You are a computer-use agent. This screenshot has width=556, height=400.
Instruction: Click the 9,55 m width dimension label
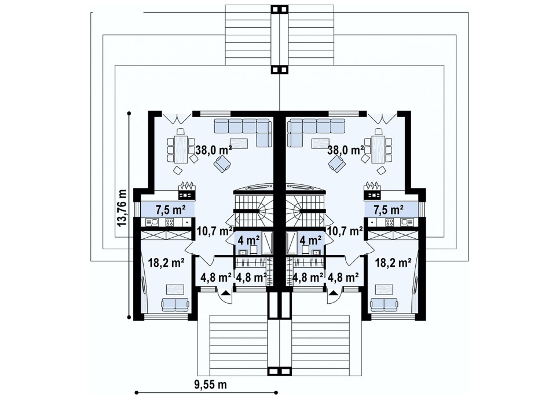pos(210,384)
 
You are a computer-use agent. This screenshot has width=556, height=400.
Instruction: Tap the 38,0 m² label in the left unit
pos(214,150)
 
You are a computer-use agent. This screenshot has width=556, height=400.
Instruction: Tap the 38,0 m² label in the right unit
pos(346,150)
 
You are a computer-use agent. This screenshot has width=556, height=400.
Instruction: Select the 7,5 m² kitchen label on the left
pos(171,210)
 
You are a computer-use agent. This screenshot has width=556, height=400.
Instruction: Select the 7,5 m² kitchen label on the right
pos(389,210)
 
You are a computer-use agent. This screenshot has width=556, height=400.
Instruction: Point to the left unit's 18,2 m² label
pos(166,263)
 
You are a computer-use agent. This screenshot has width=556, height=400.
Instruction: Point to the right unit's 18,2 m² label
pos(393,263)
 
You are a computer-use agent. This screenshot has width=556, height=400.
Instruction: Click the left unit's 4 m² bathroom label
pos(249,240)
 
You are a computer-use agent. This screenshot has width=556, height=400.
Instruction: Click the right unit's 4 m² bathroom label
pos(311,240)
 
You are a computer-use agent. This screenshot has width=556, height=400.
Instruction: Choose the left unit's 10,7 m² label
pos(215,231)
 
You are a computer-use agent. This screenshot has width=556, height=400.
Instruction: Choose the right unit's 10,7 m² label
pos(345,231)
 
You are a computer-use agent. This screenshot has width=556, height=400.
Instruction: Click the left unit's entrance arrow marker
pos(225,293)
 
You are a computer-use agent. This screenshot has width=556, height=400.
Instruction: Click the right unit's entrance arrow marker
pos(332,293)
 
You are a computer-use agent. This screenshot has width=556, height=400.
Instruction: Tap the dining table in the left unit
pos(181,149)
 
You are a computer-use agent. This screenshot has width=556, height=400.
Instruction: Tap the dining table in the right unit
pos(378,149)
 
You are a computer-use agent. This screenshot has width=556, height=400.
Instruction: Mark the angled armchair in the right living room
pos(337,164)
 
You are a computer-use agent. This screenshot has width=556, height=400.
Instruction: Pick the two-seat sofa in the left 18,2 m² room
pos(175,304)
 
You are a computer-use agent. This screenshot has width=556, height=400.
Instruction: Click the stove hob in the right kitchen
pos(390,223)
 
